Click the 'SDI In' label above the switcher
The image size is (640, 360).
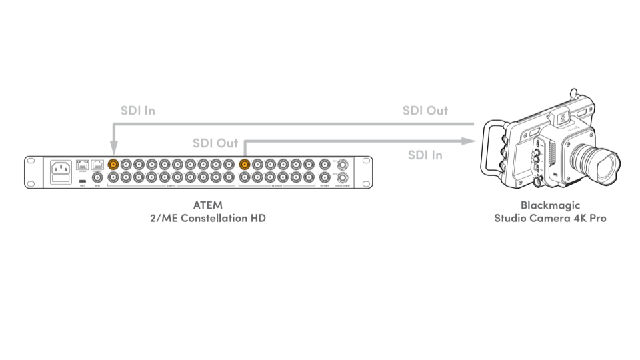[x=137, y=111]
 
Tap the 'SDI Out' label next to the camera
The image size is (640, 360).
[x=425, y=111]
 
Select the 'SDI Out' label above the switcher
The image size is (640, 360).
[x=215, y=143]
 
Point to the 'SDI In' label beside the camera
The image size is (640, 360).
[x=425, y=155]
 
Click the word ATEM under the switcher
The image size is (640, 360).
[x=207, y=205]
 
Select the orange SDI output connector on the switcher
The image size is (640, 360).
[x=244, y=164]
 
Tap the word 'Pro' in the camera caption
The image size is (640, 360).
[x=597, y=218]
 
